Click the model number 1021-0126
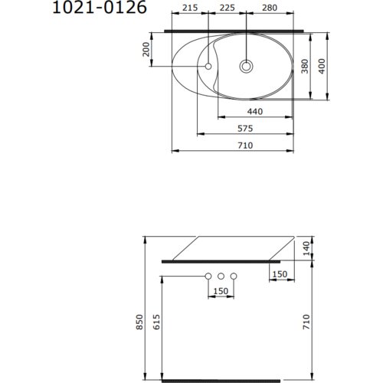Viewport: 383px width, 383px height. coord(100,7)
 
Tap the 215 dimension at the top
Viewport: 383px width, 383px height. coord(190,8)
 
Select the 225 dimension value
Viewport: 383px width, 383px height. coord(228,8)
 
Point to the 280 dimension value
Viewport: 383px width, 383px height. coord(270,8)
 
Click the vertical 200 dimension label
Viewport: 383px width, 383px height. coord(146,49)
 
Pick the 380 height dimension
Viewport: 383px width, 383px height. coord(305,66)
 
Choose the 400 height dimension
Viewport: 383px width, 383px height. coord(322,66)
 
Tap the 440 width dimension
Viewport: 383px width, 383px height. coord(255,112)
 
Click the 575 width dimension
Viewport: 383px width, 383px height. coord(245,129)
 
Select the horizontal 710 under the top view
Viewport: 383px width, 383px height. coord(245,146)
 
